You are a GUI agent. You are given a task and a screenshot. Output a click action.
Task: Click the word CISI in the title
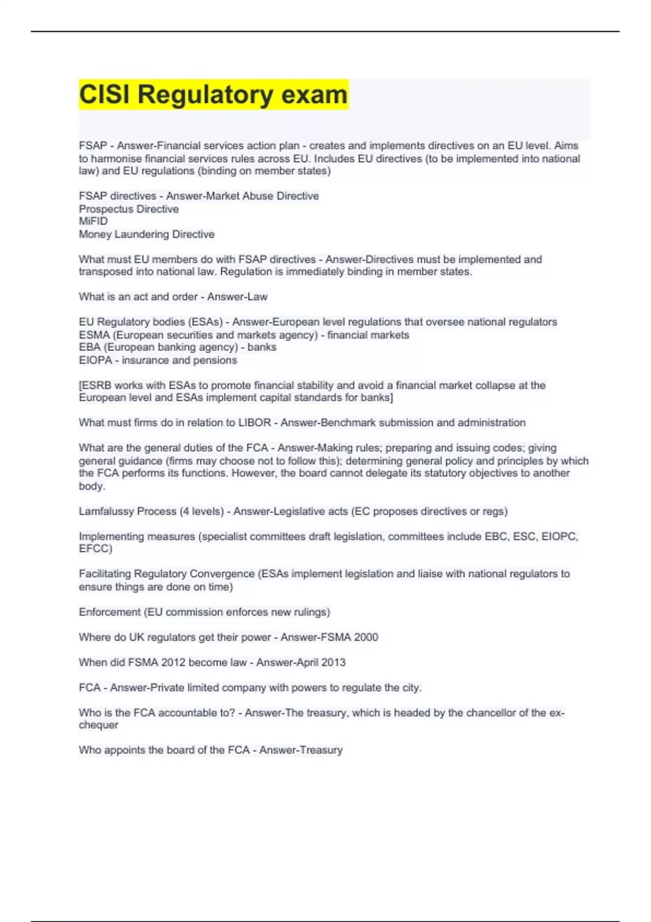[104, 95]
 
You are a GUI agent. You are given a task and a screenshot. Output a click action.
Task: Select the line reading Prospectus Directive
[129, 209]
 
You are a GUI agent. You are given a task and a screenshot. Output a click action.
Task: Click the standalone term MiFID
[93, 221]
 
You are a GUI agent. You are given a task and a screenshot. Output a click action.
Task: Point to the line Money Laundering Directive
[146, 234]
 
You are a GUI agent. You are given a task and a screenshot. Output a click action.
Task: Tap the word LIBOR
[254, 422]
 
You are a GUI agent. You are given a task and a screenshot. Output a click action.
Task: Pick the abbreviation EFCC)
[95, 549]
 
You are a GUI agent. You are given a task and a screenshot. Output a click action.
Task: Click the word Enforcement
[110, 612]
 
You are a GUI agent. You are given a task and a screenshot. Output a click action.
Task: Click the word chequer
[98, 725]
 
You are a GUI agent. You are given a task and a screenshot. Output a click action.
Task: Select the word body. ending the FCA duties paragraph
[92, 486]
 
